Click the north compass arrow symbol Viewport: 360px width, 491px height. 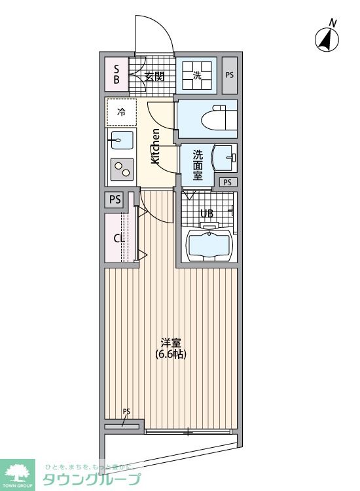327,40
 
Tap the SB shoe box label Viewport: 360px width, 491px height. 117,74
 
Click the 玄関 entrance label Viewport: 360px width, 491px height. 154,76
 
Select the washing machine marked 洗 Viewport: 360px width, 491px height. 196,75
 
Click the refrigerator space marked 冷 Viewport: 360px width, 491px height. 121,112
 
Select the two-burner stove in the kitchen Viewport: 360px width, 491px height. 122,169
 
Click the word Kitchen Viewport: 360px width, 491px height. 155,146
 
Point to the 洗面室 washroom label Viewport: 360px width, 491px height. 198,165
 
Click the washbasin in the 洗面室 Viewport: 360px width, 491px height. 224,158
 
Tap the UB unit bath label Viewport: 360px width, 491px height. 207,214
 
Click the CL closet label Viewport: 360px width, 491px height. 119,239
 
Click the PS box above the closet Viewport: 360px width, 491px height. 115,200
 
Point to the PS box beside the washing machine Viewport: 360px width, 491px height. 230,75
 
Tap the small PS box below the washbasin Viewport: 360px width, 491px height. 228,182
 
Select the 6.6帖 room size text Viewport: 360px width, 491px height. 171,354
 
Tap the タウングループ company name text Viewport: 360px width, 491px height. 92,479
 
